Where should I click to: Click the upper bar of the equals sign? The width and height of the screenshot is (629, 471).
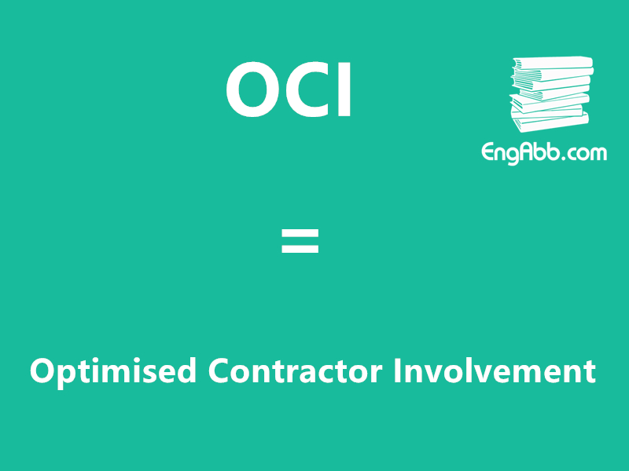tap(300, 233)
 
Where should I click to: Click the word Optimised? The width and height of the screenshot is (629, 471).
tap(113, 371)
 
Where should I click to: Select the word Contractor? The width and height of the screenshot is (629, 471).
tap(296, 371)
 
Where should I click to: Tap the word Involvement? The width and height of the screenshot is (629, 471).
tap(495, 371)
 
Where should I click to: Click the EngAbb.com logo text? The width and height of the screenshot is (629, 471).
tap(544, 152)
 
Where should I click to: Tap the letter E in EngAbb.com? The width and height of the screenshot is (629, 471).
tap(488, 152)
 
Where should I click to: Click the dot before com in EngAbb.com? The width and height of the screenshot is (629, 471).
tap(564, 158)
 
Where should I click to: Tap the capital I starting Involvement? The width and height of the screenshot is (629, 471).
tap(398, 371)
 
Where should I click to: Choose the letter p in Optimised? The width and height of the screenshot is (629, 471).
tap(64, 374)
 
